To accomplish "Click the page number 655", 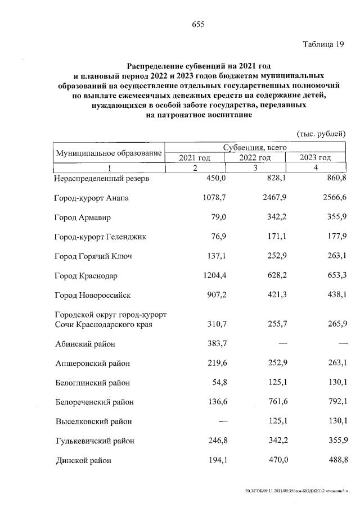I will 197,24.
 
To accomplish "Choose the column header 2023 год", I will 316,158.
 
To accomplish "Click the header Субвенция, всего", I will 255,147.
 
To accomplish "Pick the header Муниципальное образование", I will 108,153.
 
